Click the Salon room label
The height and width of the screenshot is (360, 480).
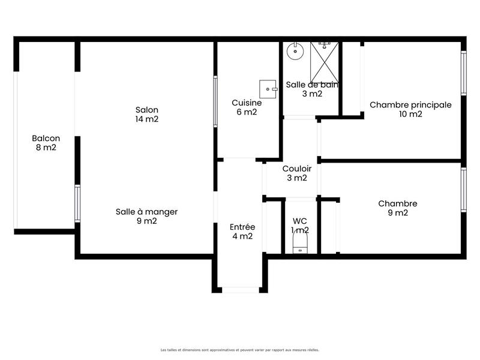pos(147,110)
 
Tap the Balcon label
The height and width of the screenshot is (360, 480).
pos(46,138)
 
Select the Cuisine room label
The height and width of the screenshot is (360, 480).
pos(246,103)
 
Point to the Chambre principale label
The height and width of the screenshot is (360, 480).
pos(410,104)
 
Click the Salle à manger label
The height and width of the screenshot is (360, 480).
pos(146,211)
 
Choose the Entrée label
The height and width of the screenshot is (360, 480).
pos(242,227)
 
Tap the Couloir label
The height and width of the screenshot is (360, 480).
pos(296,169)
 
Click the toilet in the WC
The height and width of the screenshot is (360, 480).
pos(299,244)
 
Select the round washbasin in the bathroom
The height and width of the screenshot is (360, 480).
pos(294,51)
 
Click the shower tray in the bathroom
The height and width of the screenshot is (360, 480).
pos(324,62)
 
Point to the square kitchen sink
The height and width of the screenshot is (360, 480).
pos(268,89)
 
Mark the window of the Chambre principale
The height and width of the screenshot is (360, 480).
pos(463,73)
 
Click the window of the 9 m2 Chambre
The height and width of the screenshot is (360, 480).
pos(463,190)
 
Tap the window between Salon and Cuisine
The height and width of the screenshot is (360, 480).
pos(215,101)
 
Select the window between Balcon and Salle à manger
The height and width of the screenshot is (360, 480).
pos(77,203)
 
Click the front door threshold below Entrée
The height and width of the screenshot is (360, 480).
pos(240,290)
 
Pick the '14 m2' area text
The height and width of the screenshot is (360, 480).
pos(147,119)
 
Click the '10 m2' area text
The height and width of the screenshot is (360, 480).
pos(410,113)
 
